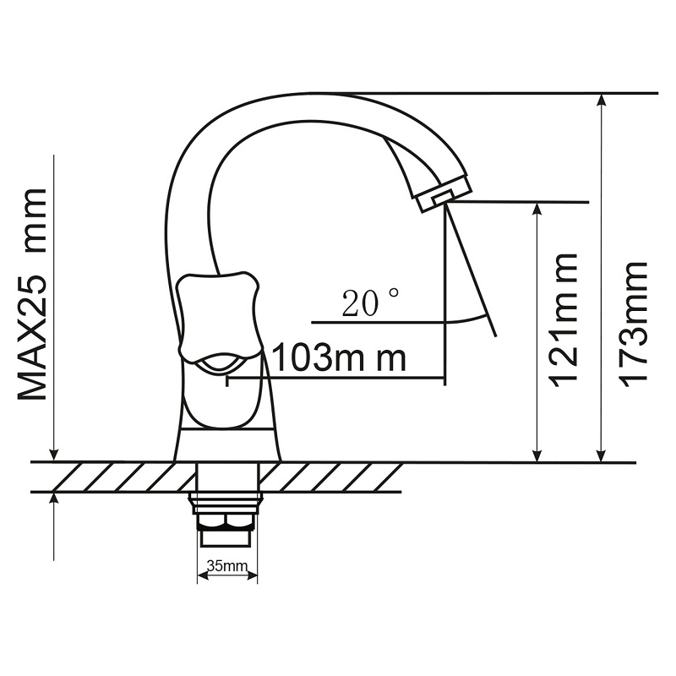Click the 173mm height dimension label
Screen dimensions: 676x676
634,325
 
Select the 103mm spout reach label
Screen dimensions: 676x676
341,357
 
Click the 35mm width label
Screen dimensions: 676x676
227,565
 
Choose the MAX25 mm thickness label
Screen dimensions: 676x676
32,294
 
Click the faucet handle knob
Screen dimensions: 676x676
218,319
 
